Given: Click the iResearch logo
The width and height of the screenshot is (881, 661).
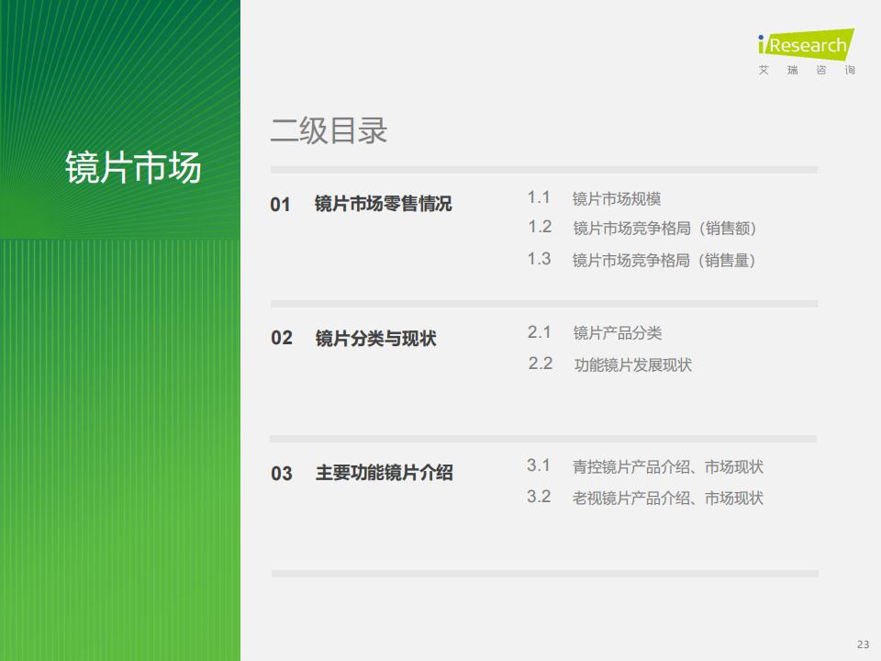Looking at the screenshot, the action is click(x=807, y=51).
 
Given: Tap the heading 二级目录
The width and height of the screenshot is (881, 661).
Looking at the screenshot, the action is click(x=329, y=130).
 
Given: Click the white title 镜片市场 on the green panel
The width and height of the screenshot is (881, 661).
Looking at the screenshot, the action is click(x=133, y=167).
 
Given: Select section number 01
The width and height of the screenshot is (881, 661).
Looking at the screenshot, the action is click(x=281, y=204).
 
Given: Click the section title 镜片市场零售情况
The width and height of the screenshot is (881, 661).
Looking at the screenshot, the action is click(x=384, y=204).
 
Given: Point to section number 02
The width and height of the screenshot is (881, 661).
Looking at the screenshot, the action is click(x=282, y=338).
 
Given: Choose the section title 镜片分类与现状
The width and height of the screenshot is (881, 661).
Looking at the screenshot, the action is click(x=376, y=339).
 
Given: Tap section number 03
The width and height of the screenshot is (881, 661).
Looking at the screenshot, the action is click(x=282, y=474).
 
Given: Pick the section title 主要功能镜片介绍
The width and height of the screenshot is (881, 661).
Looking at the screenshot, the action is click(x=385, y=473).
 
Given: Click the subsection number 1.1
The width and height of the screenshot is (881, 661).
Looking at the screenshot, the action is click(x=539, y=197).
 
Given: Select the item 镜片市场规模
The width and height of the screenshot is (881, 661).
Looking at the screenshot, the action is click(x=617, y=198).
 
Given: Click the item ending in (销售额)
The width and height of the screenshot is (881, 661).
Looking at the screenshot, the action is click(x=664, y=229).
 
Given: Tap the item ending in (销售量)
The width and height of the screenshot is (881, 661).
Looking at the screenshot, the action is click(x=664, y=260).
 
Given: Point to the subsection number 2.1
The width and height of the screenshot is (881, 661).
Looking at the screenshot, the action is click(x=540, y=332).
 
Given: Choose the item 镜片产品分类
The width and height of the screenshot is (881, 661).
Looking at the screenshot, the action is click(x=617, y=332).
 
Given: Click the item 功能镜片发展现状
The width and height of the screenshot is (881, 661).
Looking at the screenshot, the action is click(x=632, y=364).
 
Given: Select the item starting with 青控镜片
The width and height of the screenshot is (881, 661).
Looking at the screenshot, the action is click(x=668, y=466).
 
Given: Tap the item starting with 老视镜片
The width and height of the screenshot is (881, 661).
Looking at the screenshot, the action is click(x=668, y=498).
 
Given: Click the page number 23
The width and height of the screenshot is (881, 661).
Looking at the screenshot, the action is click(x=863, y=644).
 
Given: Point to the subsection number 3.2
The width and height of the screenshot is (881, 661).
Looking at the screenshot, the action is click(x=539, y=497).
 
